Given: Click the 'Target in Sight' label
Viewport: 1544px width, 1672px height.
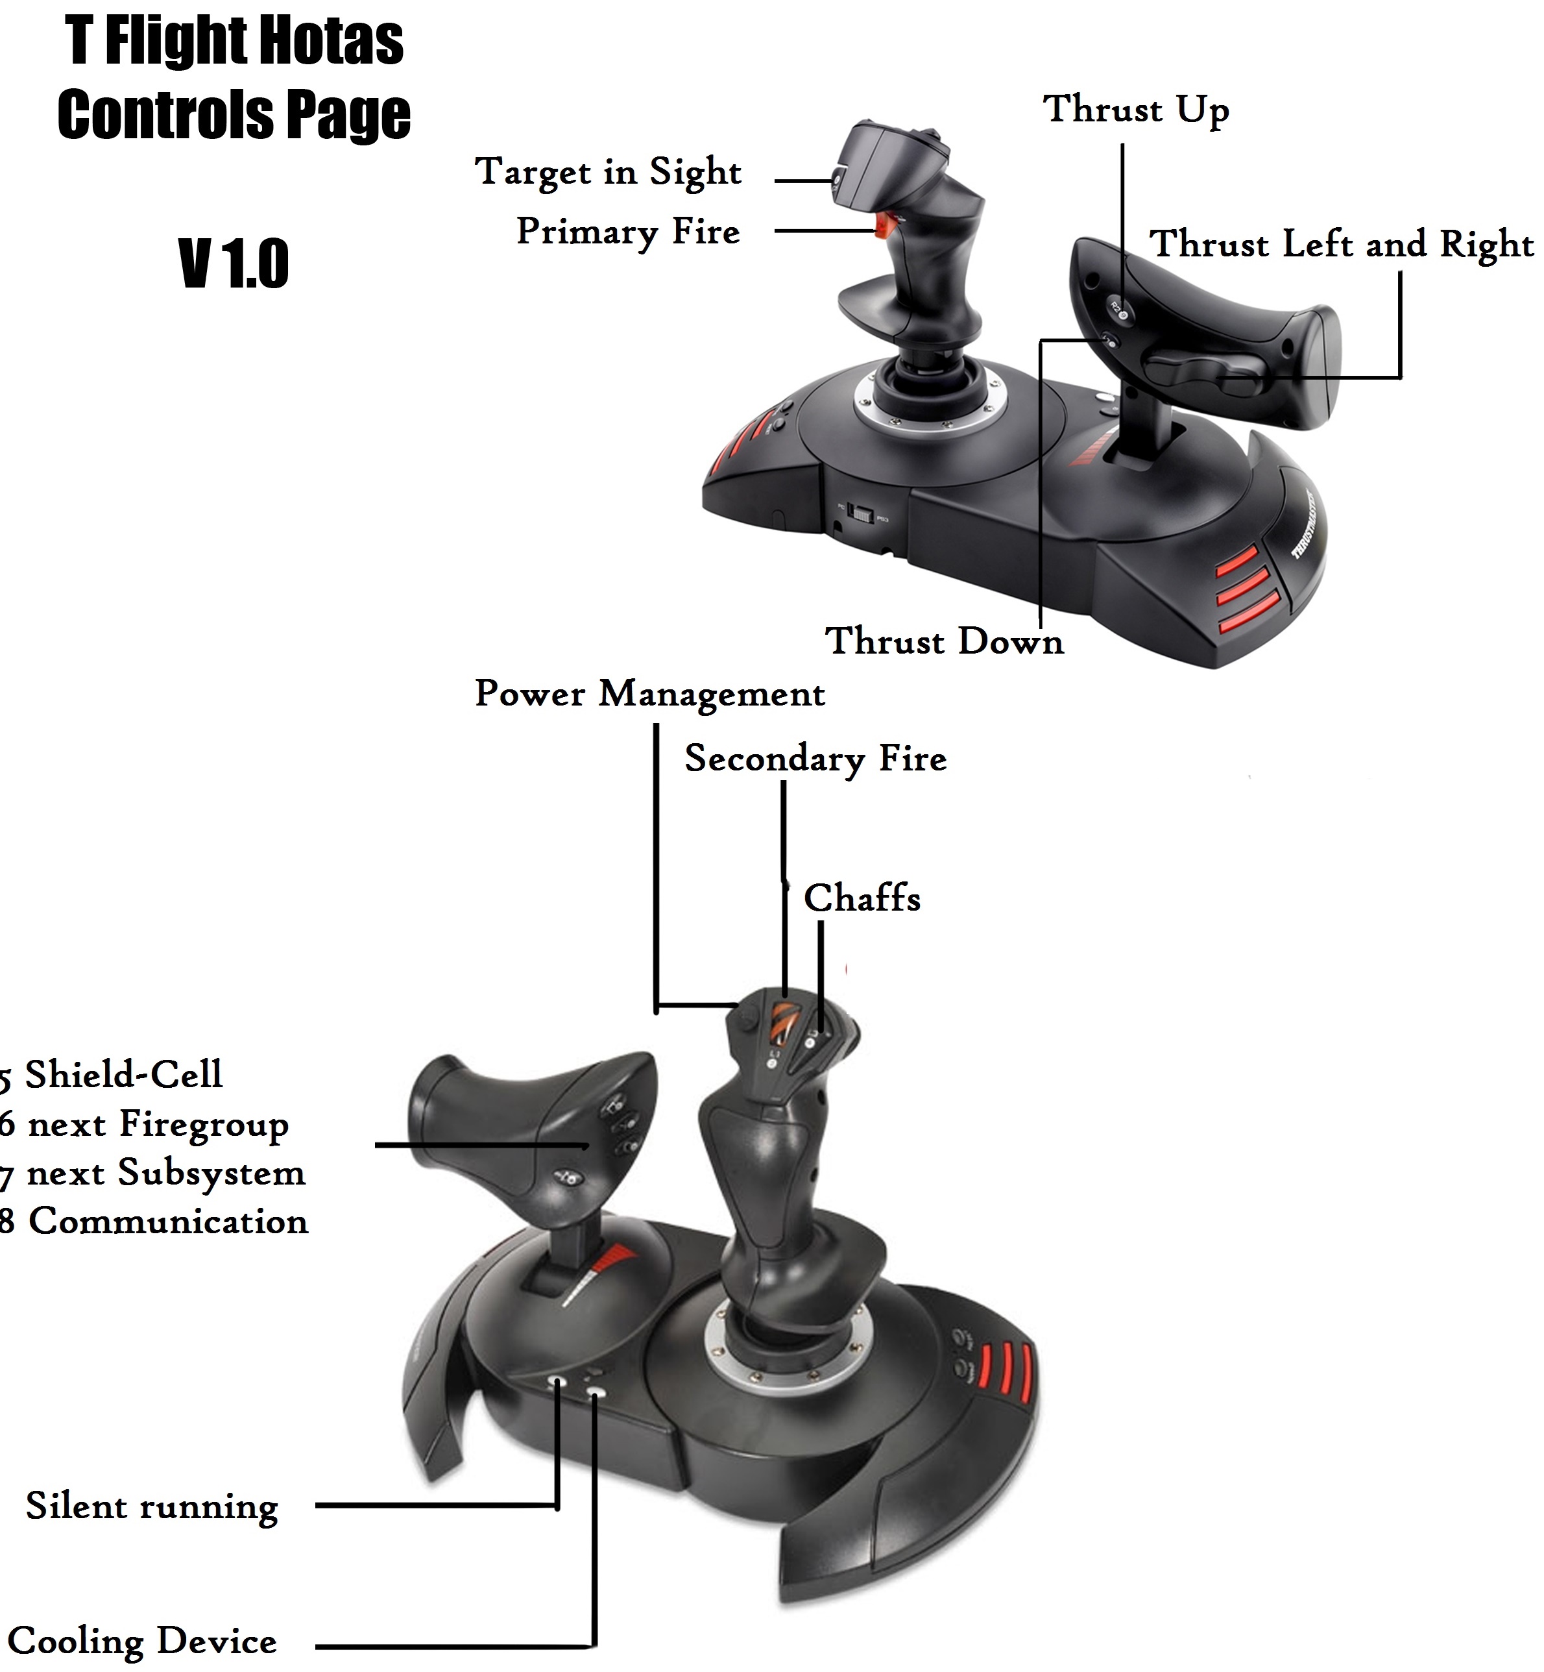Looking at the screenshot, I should [x=607, y=171].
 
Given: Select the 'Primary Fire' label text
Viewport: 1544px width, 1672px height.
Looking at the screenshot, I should [x=627, y=232].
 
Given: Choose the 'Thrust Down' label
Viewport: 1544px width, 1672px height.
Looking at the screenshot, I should [x=943, y=641].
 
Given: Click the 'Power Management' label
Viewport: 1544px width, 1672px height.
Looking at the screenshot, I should [x=649, y=693].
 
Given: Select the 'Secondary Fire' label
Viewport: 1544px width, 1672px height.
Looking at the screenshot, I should [x=815, y=758].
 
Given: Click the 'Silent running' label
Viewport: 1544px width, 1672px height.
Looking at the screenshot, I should [x=151, y=1506].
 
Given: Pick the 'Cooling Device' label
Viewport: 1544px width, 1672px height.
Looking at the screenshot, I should [x=142, y=1641].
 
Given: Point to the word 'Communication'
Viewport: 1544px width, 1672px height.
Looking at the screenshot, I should [x=168, y=1222].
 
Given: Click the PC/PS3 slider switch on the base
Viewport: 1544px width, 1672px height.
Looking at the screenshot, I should [x=861, y=513].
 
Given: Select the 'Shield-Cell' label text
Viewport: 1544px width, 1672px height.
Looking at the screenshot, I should [x=123, y=1074].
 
